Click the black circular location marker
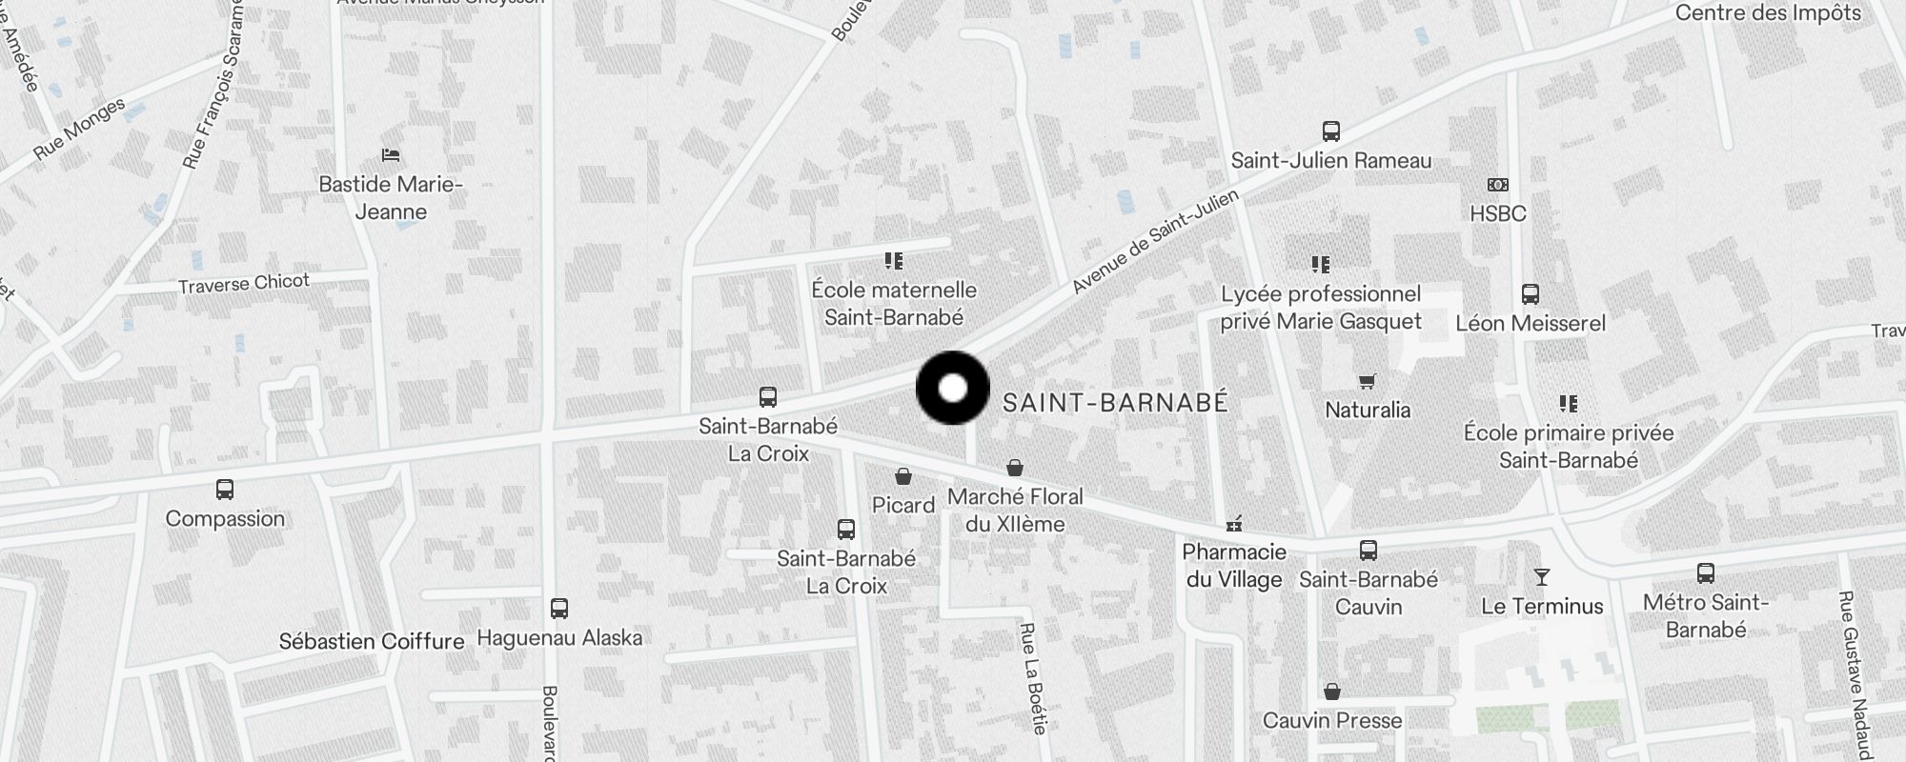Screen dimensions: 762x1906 click(952, 388)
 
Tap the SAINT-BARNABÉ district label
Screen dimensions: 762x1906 click(1115, 403)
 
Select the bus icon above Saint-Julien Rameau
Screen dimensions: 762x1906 click(1330, 131)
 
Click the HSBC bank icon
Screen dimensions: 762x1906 click(1498, 185)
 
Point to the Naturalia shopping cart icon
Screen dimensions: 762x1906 click(1367, 382)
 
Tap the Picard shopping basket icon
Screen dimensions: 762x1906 click(902, 476)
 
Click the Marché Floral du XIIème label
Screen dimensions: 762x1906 click(1015, 510)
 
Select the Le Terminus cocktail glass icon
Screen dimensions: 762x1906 click(1541, 577)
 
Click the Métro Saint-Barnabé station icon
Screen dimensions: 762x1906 click(1705, 573)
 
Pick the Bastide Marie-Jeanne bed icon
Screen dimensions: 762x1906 click(390, 155)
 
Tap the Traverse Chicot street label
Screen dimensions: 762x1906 click(244, 283)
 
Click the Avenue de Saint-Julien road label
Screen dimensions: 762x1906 click(1155, 241)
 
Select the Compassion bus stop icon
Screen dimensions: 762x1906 click(225, 490)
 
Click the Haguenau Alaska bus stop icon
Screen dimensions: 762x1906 click(559, 609)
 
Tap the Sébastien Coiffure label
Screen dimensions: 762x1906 click(372, 641)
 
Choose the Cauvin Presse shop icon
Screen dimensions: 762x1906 click(1331, 692)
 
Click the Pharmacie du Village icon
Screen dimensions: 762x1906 click(1234, 524)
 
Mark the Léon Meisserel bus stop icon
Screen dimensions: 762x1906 click(1530, 294)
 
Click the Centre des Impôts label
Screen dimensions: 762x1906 click(1768, 13)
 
